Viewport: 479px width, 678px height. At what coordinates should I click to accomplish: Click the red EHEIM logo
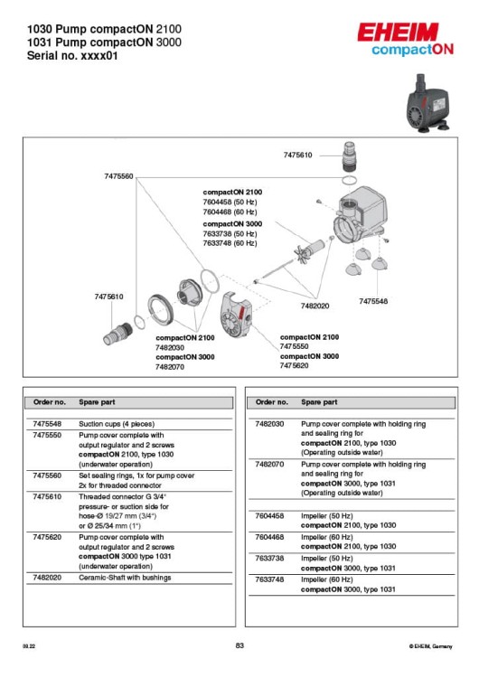pyautogui.click(x=398, y=32)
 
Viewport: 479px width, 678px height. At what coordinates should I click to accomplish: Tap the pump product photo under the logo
pyautogui.click(x=428, y=104)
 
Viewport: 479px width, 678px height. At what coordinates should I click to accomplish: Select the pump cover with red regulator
pyautogui.click(x=236, y=314)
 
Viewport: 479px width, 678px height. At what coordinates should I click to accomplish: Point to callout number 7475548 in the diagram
pyautogui.click(x=373, y=301)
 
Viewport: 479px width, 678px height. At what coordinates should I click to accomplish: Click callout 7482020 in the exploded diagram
pyautogui.click(x=315, y=306)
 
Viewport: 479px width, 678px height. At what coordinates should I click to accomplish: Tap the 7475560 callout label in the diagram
pyautogui.click(x=118, y=176)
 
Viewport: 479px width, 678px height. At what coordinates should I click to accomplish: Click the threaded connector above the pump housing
pyautogui.click(x=349, y=156)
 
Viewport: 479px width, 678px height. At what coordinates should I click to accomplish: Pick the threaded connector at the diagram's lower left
pyautogui.click(x=118, y=334)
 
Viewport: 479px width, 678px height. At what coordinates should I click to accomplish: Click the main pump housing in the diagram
pyautogui.click(x=360, y=215)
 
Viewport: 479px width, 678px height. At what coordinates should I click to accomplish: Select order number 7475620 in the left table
pyautogui.click(x=47, y=537)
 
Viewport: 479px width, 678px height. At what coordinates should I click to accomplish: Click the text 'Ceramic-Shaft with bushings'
pyautogui.click(x=125, y=578)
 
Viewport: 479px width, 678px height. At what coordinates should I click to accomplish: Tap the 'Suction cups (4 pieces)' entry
pyautogui.click(x=117, y=424)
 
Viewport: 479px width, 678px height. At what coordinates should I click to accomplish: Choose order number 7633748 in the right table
pyautogui.click(x=269, y=579)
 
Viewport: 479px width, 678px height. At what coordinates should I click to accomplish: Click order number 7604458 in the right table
pyautogui.click(x=269, y=516)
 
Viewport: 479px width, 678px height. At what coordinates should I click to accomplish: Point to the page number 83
pyautogui.click(x=239, y=645)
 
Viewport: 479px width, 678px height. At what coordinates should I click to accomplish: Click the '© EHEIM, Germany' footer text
pyautogui.click(x=430, y=646)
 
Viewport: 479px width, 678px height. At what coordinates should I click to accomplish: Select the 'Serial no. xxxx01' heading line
pyautogui.click(x=72, y=56)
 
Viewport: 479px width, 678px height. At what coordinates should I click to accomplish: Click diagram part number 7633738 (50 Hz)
pyautogui.click(x=230, y=233)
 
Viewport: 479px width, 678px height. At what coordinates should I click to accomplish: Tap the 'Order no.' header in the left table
pyautogui.click(x=50, y=402)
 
